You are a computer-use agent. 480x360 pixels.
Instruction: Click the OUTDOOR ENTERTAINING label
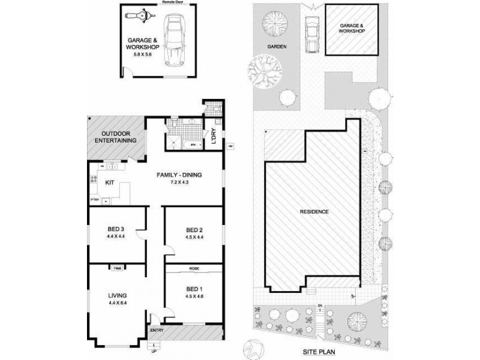pos(115,136)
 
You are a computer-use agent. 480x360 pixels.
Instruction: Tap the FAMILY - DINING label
pos(179,175)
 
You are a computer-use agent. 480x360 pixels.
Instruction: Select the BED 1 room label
pos(194,289)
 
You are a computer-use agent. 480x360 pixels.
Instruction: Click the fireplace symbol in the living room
pos(116,268)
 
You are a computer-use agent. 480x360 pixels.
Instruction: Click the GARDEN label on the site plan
pos(277,47)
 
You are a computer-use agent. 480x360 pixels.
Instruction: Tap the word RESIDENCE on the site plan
pos(313,212)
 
